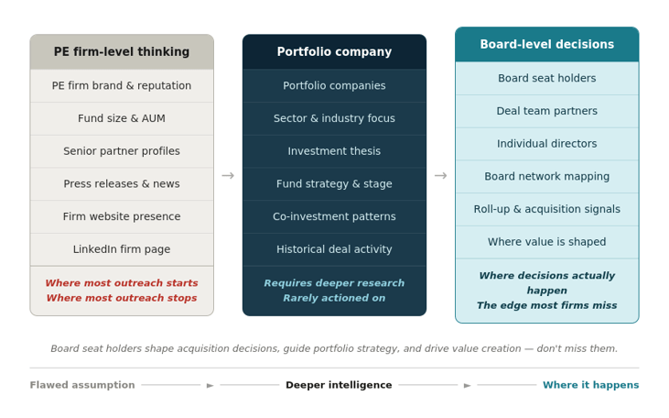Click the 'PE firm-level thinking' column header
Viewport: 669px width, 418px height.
click(x=122, y=52)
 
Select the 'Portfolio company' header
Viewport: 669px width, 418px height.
click(x=334, y=52)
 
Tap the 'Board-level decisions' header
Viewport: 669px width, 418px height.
click(x=546, y=44)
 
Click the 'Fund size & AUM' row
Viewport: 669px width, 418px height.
click(x=122, y=118)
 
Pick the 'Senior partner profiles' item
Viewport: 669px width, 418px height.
click(x=122, y=151)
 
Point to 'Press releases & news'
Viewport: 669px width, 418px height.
click(x=122, y=183)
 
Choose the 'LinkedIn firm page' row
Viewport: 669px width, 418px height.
click(x=122, y=249)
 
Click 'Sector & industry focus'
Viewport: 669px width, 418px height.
click(x=334, y=118)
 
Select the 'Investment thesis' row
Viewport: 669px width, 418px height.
click(x=334, y=151)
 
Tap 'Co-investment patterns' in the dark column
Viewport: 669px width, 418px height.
click(x=334, y=216)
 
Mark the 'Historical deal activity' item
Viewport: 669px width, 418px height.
click(x=334, y=249)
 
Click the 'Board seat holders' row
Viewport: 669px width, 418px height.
click(x=546, y=78)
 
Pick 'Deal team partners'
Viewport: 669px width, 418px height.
click(x=546, y=111)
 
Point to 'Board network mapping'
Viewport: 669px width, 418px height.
click(x=546, y=176)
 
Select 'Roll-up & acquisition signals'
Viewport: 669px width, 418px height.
click(x=546, y=209)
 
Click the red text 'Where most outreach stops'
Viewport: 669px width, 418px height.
click(x=122, y=298)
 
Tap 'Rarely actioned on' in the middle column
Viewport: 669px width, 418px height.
click(x=334, y=298)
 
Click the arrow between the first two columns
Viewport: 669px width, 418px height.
click(x=228, y=175)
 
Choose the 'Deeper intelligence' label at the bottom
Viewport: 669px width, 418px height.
click(x=339, y=385)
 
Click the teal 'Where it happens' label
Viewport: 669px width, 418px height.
click(x=590, y=385)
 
